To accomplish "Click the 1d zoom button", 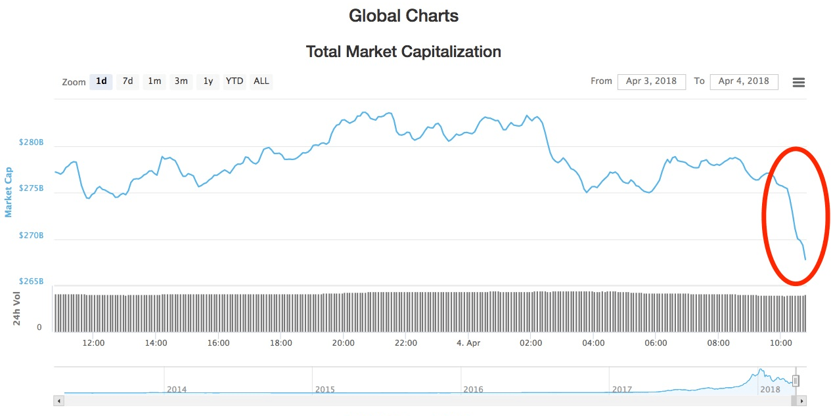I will tap(101, 81).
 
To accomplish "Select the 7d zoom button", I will tap(127, 81).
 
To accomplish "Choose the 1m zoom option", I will tap(154, 81).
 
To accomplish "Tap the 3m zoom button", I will tap(181, 81).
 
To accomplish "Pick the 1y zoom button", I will tap(208, 81).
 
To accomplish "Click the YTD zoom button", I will tap(235, 81).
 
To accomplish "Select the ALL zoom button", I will tap(261, 81).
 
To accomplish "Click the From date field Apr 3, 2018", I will tap(651, 81).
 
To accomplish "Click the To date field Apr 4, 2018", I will tap(744, 81).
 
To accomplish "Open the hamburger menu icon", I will tap(799, 82).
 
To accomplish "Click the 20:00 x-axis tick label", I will tap(344, 343).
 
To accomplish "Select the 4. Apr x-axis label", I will tap(468, 343).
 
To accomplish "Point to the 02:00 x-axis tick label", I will tap(531, 343).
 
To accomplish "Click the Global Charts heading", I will tap(403, 16).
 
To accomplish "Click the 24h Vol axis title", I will tap(18, 309).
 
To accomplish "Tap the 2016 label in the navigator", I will tap(473, 389).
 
